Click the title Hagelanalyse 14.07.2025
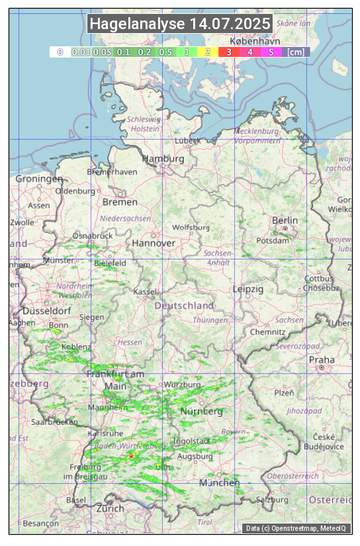180,24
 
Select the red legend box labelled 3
228,52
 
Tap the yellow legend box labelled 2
208,52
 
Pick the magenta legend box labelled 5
271,52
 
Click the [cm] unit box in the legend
296,52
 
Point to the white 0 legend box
60,52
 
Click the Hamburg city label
163,159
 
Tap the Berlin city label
285,220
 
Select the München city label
220,482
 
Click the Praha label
321,359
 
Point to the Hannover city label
154,243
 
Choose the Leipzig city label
248,289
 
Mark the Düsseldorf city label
46,310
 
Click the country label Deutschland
184,306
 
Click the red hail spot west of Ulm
131,457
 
